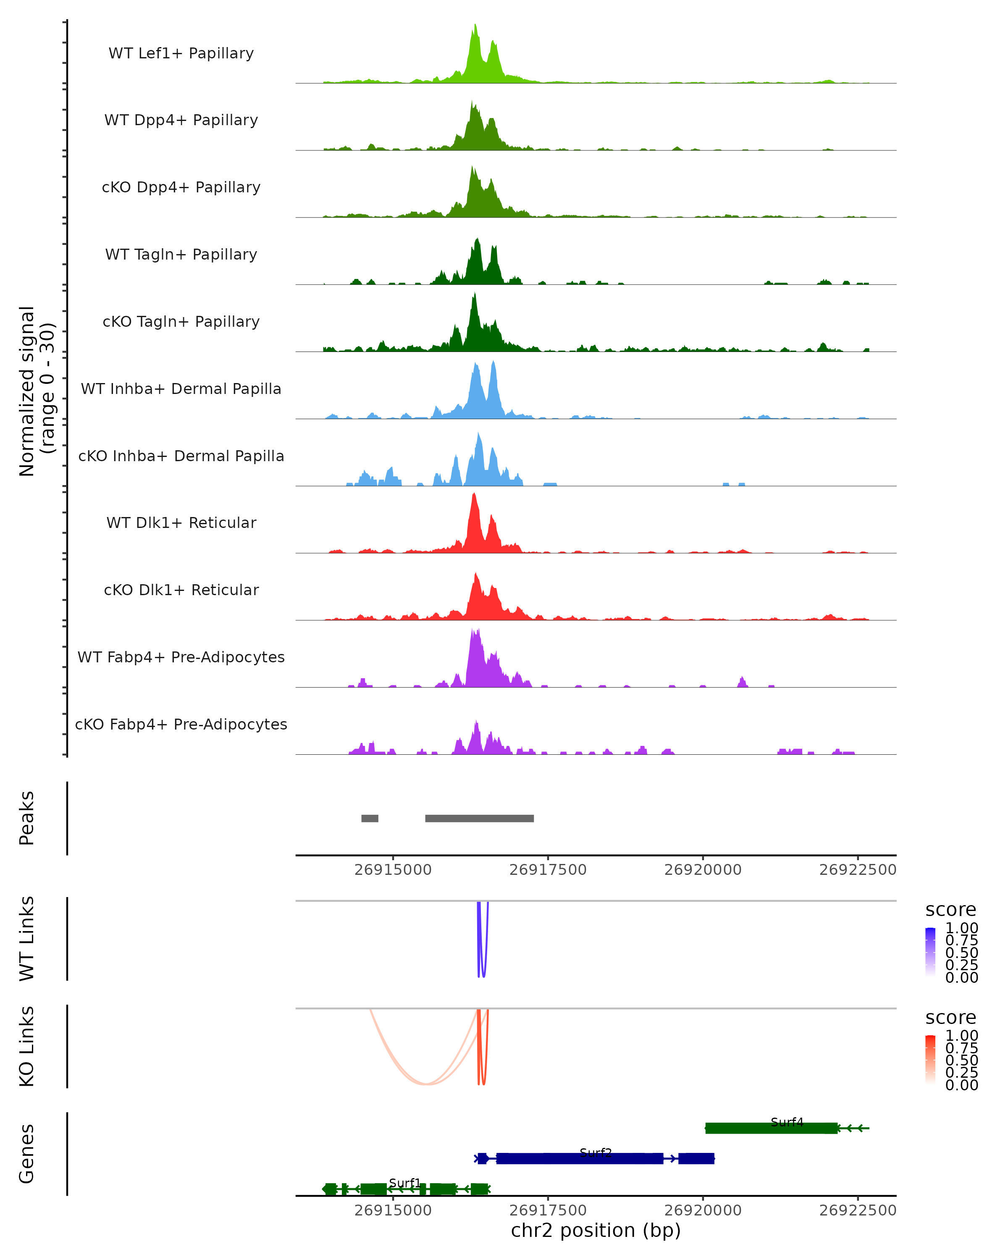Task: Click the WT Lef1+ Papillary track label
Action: tap(181, 53)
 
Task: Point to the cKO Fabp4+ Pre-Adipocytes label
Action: tap(181, 724)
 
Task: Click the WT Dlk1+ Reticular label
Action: tap(181, 523)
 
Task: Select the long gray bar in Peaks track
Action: tap(479, 818)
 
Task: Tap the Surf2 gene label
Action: tap(596, 1152)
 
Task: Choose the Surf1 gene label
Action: tap(404, 1183)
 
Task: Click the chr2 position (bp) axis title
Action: tap(596, 1230)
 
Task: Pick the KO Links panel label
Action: tap(27, 1046)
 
